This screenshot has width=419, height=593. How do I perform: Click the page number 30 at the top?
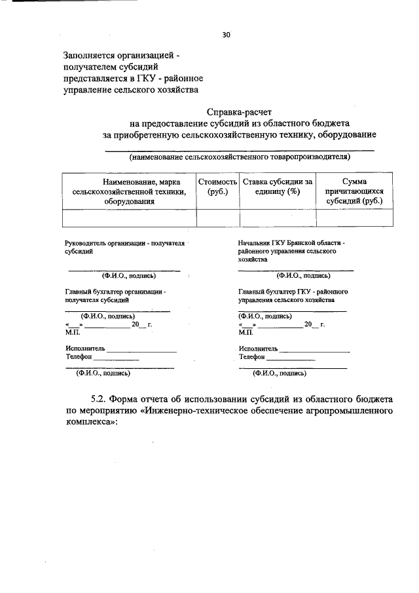point(226,35)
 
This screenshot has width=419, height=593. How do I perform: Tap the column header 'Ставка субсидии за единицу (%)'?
point(278,186)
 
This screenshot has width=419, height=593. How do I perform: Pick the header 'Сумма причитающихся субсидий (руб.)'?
point(354,191)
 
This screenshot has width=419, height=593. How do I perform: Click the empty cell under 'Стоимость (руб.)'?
point(217,218)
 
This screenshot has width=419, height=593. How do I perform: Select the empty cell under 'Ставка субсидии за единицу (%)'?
point(278,218)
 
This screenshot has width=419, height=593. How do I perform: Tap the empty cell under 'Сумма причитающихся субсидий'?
point(354,218)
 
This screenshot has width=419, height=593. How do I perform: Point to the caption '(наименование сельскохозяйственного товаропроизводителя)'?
point(240,157)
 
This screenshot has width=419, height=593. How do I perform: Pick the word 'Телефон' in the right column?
point(252,357)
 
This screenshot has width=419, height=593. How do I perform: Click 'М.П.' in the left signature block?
point(71,332)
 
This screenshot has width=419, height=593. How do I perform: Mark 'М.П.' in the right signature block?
point(246,332)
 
